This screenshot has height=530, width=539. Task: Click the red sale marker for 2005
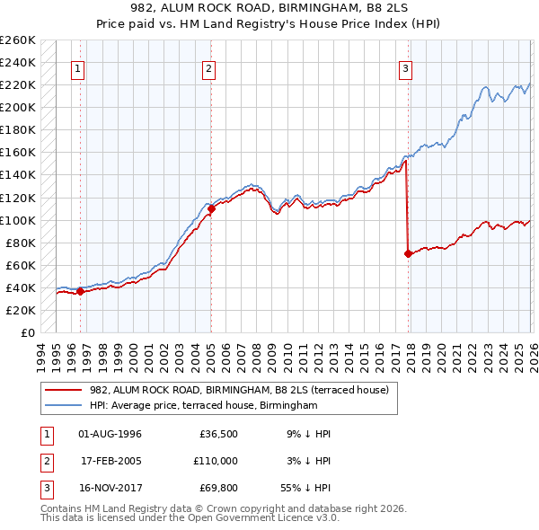[211, 208]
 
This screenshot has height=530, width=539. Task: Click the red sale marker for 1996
[80, 291]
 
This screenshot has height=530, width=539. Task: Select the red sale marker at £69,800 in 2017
[409, 253]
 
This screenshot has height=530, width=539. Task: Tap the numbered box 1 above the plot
[78, 68]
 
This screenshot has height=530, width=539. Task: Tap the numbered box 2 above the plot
[208, 68]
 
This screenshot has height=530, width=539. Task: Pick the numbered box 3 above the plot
[405, 68]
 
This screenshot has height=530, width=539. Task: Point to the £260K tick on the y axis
[18, 40]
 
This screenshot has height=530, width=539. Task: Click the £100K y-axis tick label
[18, 220]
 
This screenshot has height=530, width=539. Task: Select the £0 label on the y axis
[27, 332]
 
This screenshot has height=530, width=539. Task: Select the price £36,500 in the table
[218, 434]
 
